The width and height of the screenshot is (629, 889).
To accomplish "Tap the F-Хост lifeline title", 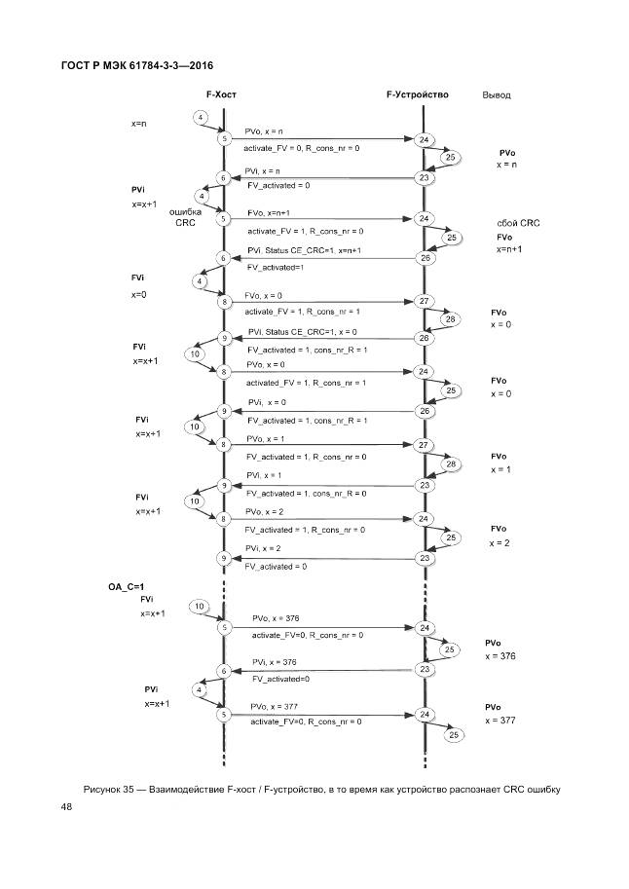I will [x=221, y=94].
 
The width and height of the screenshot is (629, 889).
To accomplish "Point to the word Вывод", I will [x=497, y=95].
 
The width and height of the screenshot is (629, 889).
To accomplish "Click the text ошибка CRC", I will [x=185, y=217].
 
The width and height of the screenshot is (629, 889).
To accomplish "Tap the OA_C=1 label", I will [x=126, y=587].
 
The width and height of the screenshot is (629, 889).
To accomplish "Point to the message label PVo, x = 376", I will [x=281, y=618].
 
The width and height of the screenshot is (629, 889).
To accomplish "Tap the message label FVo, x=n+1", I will [x=269, y=212].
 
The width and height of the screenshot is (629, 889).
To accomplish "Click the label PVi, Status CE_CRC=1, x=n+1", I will [x=305, y=250].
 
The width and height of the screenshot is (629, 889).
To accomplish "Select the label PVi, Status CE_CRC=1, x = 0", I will [x=302, y=331].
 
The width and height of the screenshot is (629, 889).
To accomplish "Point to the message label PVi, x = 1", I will [x=264, y=475].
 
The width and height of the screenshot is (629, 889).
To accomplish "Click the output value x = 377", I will [x=499, y=721].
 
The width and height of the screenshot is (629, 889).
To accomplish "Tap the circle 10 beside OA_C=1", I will [x=200, y=607].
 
